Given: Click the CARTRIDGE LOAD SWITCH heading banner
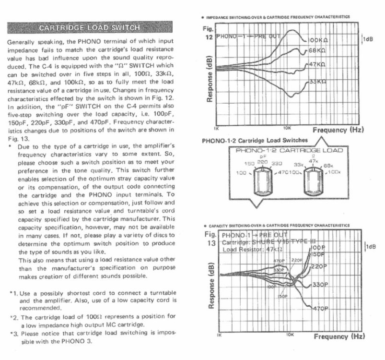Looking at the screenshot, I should (x=90, y=28).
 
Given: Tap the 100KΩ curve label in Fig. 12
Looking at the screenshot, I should (x=317, y=40).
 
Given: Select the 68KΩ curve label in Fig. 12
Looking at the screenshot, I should (x=317, y=50).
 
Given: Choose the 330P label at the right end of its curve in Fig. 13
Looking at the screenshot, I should (x=319, y=285).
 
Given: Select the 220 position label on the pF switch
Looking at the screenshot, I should (x=263, y=162).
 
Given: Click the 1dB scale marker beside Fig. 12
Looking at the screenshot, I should (x=368, y=39).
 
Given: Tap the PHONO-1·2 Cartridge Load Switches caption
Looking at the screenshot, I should (x=255, y=140).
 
